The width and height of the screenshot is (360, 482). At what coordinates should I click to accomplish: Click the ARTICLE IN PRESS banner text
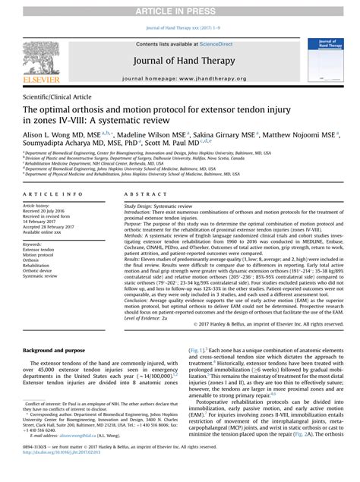pyautogui.click(x=180, y=9)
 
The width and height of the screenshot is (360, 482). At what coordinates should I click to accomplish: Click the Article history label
pyautogui.click(x=37, y=205)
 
